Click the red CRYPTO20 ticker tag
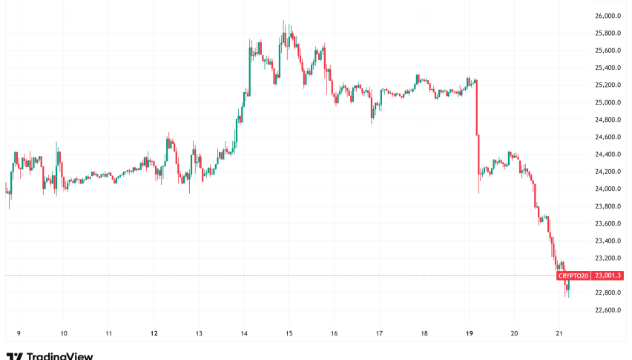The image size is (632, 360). coord(573,275)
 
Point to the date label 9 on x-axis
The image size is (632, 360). coord(19,333)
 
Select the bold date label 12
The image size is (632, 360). coord(154,333)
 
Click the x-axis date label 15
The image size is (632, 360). coord(289,333)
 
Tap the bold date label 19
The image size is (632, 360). coord(469,333)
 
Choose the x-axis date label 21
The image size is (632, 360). coord(559,333)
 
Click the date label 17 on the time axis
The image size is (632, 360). coord(379,333)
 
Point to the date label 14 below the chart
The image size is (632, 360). coord(244,333)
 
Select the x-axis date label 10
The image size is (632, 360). coord(64,333)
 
